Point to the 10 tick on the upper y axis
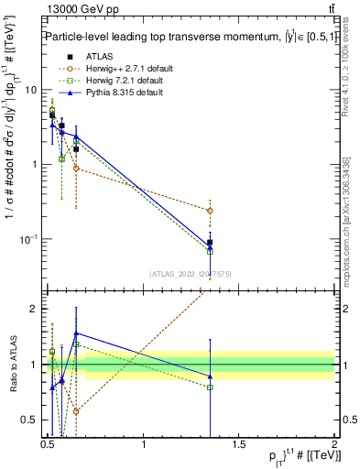33,90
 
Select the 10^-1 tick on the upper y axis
30,239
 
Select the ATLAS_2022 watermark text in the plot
191,274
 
